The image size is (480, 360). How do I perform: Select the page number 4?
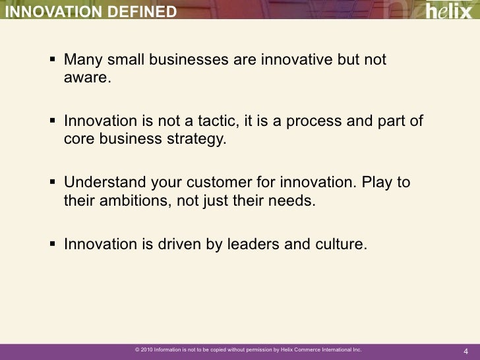point(465,350)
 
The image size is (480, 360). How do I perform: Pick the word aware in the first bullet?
point(86,79)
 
